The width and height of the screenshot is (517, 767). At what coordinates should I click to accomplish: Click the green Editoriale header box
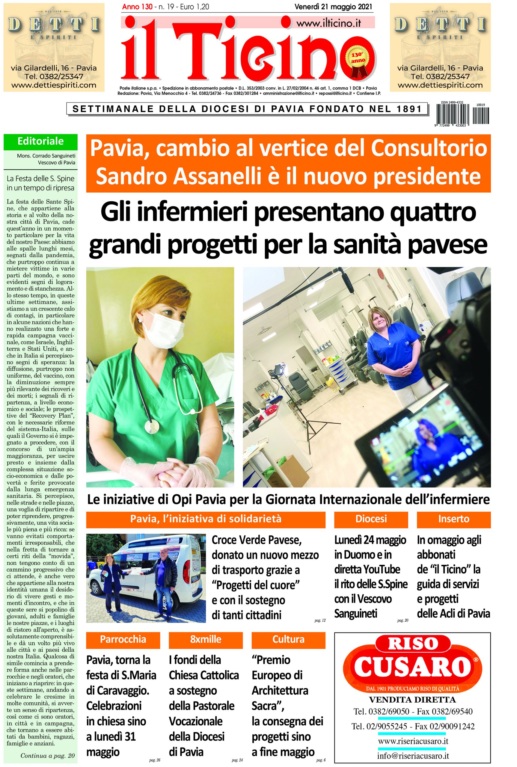40,142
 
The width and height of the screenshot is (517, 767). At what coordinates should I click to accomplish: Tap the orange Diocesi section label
371,519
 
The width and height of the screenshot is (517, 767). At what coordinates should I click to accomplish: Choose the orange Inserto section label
453,519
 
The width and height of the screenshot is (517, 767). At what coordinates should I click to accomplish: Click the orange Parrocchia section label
123,639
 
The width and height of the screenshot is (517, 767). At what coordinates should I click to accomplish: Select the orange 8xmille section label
205,639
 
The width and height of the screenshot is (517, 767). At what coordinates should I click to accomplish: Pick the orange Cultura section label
288,639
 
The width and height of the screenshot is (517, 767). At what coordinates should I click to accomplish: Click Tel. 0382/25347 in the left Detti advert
54,77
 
